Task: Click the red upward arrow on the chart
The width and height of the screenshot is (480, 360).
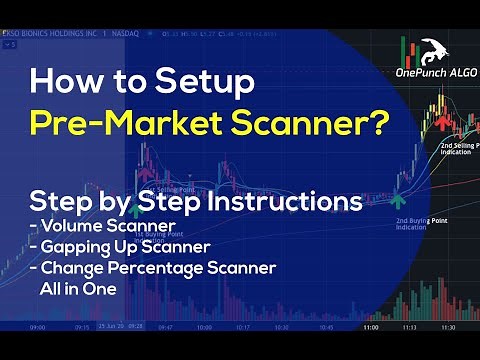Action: coord(440,122)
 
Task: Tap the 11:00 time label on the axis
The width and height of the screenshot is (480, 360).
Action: coord(370,327)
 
